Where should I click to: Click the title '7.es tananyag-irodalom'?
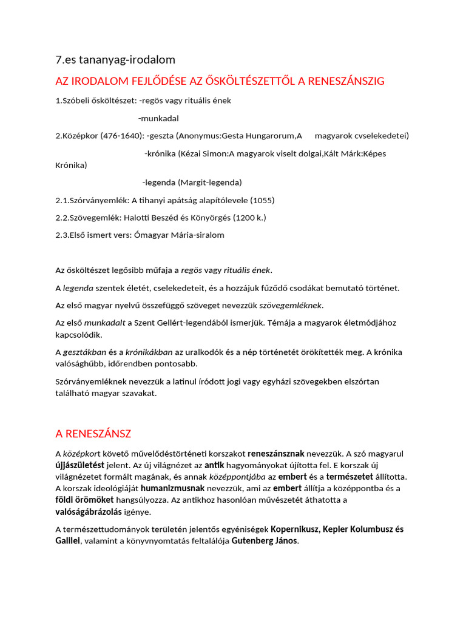115,59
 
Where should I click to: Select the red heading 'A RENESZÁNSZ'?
93,434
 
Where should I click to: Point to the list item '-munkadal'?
158,118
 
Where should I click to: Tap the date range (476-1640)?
121,136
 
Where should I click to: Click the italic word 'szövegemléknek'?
291,305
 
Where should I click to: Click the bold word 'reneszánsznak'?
275,454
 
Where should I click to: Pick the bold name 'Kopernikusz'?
295,529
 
